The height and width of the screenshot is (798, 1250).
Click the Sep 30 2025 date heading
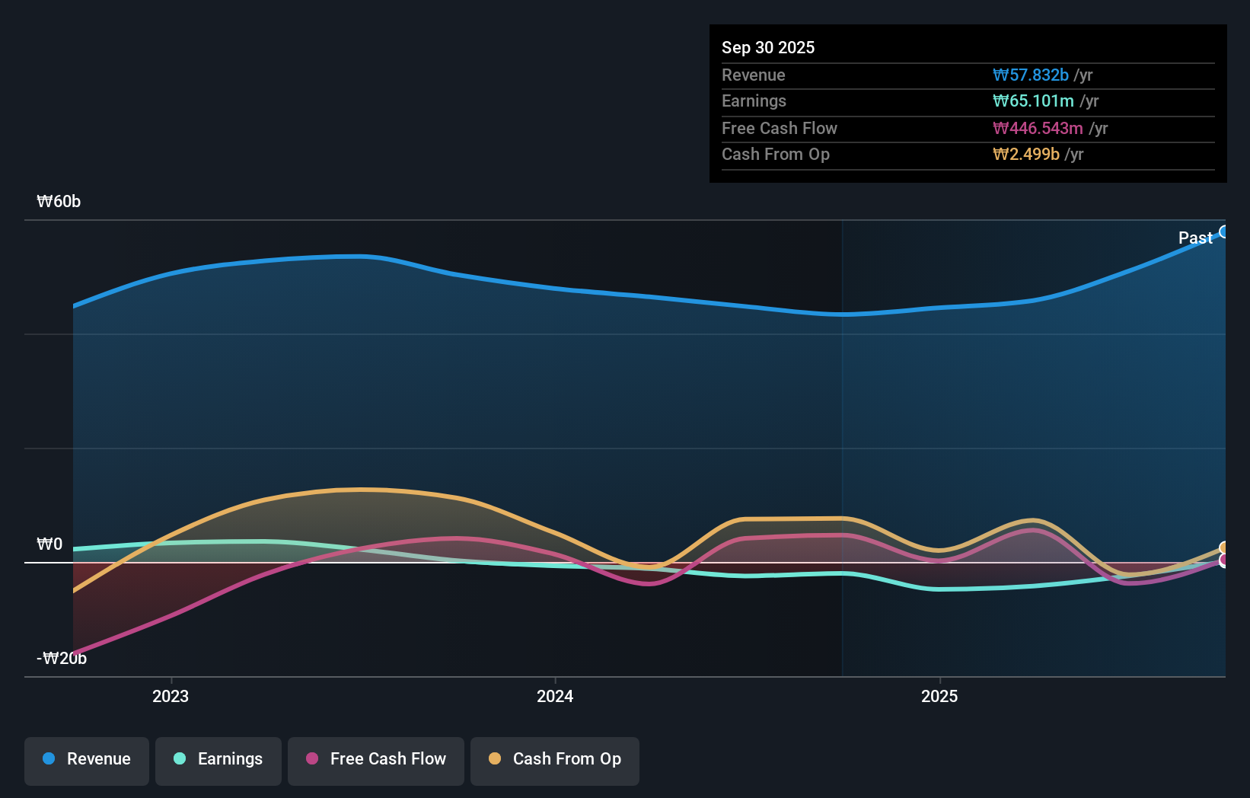(x=767, y=47)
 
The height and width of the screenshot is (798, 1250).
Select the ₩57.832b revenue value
(x=1030, y=75)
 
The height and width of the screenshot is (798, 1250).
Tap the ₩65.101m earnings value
(x=1032, y=101)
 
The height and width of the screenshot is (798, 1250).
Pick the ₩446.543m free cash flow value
(x=1037, y=128)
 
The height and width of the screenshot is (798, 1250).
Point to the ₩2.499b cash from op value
(x=1025, y=154)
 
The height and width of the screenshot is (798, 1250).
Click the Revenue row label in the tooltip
(x=753, y=75)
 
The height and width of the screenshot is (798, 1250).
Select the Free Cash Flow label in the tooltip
(x=779, y=128)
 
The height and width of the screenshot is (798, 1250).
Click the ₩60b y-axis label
(x=59, y=201)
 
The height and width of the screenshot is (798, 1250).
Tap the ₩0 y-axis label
(x=49, y=544)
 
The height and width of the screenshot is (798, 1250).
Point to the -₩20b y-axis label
(x=62, y=658)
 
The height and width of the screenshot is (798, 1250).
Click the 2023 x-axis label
(x=171, y=696)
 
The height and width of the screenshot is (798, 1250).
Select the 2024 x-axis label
(x=555, y=696)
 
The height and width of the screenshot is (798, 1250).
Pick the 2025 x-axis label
(x=939, y=696)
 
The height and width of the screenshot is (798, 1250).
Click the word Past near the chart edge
(x=1194, y=238)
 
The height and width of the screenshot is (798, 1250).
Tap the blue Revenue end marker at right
(x=1223, y=231)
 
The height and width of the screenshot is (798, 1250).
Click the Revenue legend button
(x=87, y=759)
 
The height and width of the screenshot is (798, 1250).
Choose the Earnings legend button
(x=218, y=759)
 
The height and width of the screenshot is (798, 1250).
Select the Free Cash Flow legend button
(x=376, y=759)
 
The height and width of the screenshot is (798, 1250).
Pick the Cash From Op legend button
(x=555, y=759)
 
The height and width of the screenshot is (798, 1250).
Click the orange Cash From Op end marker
(x=1224, y=548)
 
